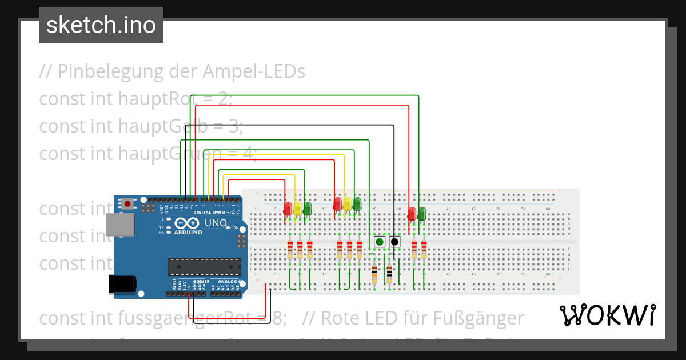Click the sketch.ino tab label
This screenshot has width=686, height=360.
coord(101,25)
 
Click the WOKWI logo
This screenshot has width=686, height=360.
coord(607,315)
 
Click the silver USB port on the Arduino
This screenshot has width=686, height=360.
coord(121,225)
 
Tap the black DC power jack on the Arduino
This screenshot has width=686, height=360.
coord(122,284)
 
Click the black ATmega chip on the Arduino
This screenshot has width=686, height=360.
coord(204,267)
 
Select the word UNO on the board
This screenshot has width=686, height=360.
coord(216,223)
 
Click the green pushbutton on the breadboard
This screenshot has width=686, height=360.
coord(380,242)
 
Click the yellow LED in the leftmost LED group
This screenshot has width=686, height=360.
coord(297,208)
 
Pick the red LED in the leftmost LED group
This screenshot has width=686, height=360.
coord(288,208)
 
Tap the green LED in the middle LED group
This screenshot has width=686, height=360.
coord(357,204)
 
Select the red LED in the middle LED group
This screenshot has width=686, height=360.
coord(338,204)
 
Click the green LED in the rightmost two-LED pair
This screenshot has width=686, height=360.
coord(421,214)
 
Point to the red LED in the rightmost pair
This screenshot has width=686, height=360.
coord(412,214)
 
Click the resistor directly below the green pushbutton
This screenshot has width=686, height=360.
coord(374,275)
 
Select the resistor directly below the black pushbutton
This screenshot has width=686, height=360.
coord(389,275)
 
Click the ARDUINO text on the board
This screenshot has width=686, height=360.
coord(188,233)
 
